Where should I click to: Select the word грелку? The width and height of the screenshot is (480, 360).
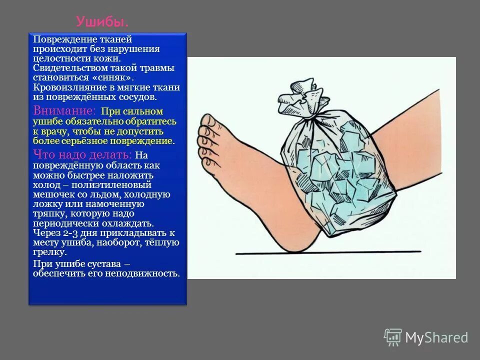[47, 252]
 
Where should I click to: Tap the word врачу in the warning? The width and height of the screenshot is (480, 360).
[55, 131]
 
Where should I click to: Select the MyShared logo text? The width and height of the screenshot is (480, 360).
[436, 338]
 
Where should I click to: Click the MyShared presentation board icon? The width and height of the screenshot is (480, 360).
[393, 337]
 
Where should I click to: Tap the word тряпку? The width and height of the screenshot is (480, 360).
[49, 213]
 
